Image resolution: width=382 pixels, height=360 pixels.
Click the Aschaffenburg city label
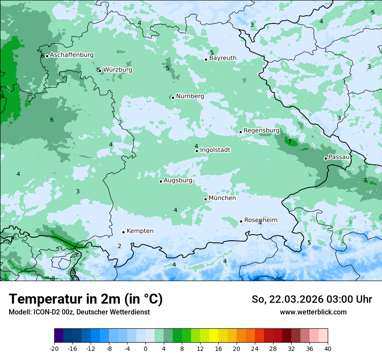pos(72,55)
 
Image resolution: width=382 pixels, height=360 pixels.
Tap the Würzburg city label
pos(118,70)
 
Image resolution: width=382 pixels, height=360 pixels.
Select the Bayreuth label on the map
pos(223,58)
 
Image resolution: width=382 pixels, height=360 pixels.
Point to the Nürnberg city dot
pos(173,98)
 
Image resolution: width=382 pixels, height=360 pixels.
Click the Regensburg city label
pos(261,131)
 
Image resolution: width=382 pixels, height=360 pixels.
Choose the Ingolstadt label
pos(215,150)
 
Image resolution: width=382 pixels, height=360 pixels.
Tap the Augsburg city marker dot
pos(161,181)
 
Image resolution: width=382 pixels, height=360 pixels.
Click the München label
pos(222,198)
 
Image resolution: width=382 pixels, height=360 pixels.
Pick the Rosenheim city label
pos(260,220)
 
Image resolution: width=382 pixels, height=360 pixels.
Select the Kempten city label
pos(140,231)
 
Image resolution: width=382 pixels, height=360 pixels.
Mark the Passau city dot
pos(326,158)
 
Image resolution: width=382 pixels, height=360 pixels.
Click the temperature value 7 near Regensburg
pos(290,142)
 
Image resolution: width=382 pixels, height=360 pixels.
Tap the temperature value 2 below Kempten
pos(119,246)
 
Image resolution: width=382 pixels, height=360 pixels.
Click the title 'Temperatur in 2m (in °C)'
pos(86,299)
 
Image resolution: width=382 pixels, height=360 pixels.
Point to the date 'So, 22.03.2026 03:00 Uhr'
pos(311,300)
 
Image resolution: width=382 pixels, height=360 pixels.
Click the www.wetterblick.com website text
pos(313,312)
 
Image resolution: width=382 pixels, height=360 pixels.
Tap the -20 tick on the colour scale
pos(54,348)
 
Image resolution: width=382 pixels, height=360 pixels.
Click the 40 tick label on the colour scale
pos(327,348)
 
